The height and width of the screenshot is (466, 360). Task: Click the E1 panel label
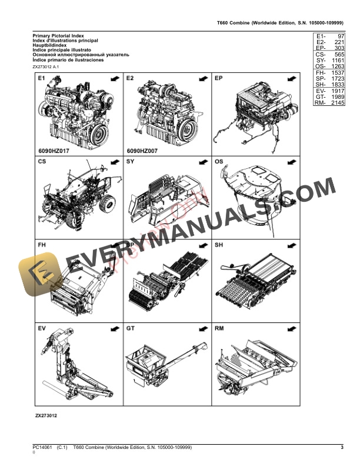42,78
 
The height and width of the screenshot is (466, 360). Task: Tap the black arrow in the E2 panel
202,78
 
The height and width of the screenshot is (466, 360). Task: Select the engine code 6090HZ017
53,151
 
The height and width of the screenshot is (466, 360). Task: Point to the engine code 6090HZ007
142,151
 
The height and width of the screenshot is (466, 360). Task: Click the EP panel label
219,78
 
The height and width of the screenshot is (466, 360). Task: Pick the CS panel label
42,161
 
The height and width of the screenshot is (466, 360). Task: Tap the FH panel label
42,244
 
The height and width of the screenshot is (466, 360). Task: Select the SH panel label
219,244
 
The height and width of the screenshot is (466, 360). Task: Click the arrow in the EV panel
114,327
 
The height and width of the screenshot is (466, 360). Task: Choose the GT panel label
131,327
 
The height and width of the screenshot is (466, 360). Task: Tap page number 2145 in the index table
336,102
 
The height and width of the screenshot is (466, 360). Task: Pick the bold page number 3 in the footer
342,448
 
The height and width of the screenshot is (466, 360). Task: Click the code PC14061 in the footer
43,448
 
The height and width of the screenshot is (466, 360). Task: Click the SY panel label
131,161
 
